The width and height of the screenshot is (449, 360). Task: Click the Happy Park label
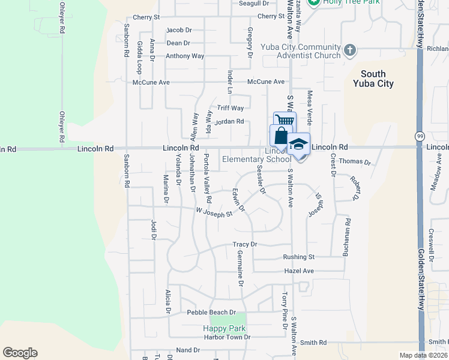[224, 328]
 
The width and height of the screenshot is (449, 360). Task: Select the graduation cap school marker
[298, 145]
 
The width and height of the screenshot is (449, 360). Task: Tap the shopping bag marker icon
[280, 136]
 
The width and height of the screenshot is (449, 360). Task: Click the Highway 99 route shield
[418, 137]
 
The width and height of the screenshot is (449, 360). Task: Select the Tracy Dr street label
[245, 244]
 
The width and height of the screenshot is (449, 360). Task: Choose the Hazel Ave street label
[300, 271]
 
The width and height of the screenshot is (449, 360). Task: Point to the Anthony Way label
[185, 56]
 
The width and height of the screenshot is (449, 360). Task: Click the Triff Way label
[231, 108]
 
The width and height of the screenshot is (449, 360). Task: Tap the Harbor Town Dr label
[226, 337]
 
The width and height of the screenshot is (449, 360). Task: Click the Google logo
[20, 353]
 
